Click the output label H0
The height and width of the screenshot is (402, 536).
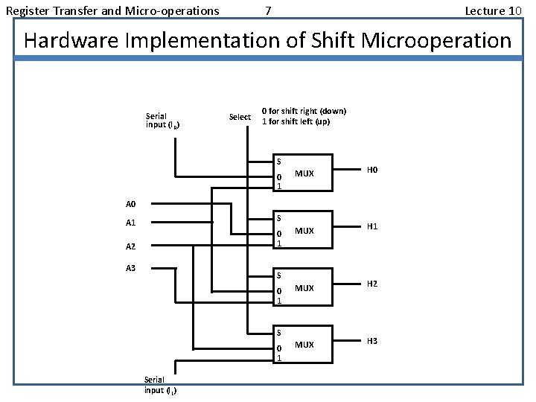coord(373,170)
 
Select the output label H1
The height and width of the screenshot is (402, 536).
coord(373,227)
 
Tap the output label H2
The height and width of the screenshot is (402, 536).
coord(373,284)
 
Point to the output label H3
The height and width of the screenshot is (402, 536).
coord(373,341)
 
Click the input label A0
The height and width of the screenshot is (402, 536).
coord(131,203)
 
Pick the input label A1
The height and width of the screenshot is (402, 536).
coord(131,223)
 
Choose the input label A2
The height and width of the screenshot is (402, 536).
coord(131,246)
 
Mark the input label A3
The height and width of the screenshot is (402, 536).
coord(131,268)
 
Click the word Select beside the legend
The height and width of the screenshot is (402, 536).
coord(240,117)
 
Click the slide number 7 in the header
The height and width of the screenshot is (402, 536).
coord(268,10)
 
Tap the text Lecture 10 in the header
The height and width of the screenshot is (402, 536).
coord(493,10)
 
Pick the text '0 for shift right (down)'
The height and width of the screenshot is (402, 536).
coord(304,111)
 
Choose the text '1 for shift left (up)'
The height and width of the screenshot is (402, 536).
coord(296,121)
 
